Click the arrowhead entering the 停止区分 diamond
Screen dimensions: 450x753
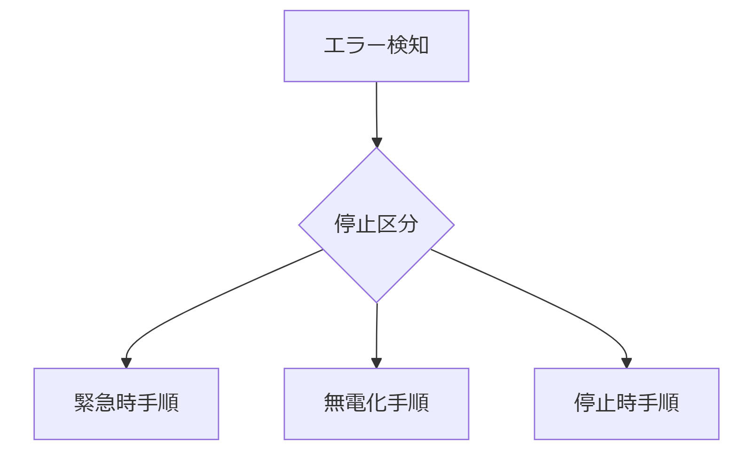tap(377, 142)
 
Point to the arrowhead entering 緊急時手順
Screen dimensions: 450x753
tap(126, 363)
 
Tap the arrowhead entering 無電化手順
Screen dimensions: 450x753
tap(376, 363)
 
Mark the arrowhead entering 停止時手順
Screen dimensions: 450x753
tap(627, 363)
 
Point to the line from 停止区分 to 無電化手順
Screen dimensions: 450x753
tap(376, 331)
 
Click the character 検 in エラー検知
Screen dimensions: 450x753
tap(397, 46)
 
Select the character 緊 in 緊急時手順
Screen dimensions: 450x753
tap(85, 403)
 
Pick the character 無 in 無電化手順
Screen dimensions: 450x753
tap(334, 403)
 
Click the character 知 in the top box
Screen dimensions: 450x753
tap(418, 46)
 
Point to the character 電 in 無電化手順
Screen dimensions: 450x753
tap(355, 403)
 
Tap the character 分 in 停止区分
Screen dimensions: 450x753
tap(408, 224)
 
